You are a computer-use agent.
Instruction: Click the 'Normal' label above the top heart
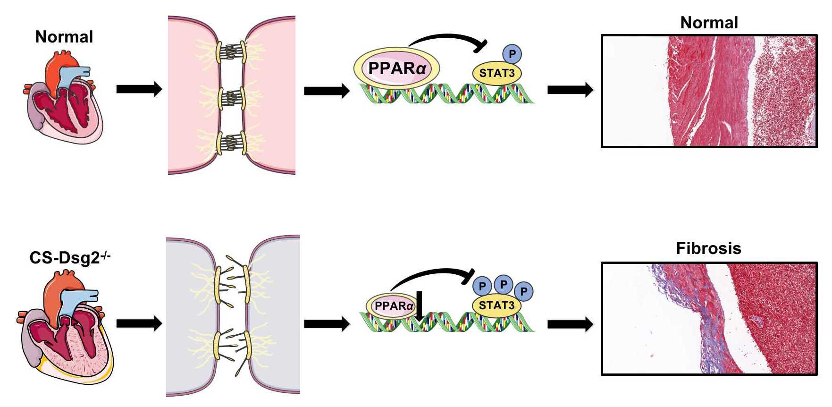click(x=64, y=37)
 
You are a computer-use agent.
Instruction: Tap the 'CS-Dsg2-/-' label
click(x=69, y=257)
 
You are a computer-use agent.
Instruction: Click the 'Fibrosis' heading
click(x=708, y=248)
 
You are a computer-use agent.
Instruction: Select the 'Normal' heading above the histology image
click(x=709, y=23)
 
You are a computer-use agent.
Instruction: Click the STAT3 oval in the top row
click(x=497, y=73)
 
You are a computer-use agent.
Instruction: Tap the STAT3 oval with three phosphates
click(x=496, y=305)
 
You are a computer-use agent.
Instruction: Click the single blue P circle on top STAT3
click(x=512, y=54)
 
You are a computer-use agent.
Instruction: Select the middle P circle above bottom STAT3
click(x=503, y=284)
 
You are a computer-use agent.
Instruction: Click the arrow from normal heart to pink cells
click(x=139, y=89)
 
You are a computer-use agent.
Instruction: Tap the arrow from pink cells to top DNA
click(x=327, y=90)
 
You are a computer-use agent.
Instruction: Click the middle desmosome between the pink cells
click(x=231, y=98)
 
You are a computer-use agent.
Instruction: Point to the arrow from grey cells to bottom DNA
click(x=327, y=324)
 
